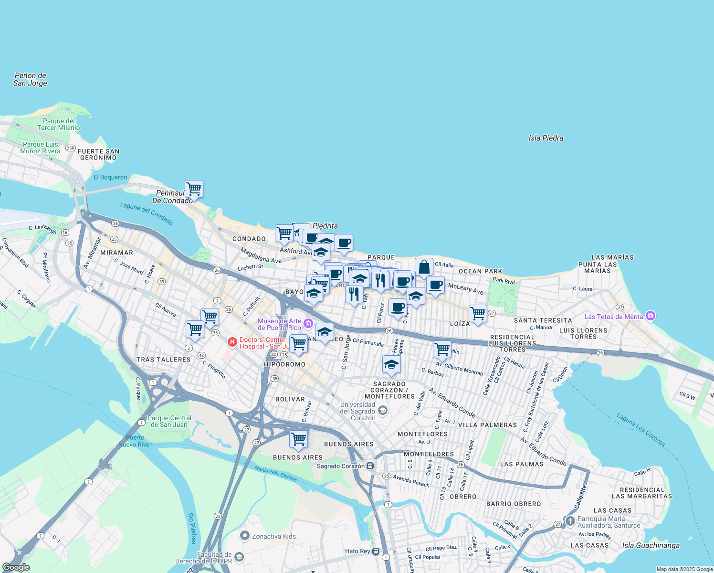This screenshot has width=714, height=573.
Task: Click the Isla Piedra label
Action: [x=546, y=138]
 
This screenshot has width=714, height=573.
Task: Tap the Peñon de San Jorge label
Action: [x=30, y=79]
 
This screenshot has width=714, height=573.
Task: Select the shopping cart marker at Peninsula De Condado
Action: [x=194, y=189]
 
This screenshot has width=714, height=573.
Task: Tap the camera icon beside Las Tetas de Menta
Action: [x=650, y=316]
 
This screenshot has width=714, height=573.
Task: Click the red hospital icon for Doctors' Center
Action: [x=232, y=342]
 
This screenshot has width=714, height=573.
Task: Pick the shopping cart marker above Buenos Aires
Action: [x=298, y=438]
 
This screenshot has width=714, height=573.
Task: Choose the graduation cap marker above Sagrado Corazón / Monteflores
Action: [x=391, y=365]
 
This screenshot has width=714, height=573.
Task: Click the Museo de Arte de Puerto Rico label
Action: [x=280, y=324]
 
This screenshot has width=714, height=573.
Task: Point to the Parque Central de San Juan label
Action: [x=169, y=421]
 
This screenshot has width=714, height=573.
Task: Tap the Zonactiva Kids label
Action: [x=273, y=536]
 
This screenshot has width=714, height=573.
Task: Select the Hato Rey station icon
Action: [x=376, y=551]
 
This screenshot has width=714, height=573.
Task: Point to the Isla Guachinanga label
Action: [x=651, y=545]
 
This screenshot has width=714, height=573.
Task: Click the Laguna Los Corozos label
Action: [x=640, y=430]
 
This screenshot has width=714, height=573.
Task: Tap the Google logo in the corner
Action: [x=16, y=567]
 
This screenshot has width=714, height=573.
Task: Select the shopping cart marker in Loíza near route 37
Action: [x=478, y=314]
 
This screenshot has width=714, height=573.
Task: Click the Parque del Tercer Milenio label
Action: [x=59, y=124]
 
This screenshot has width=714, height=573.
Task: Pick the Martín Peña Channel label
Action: [x=276, y=474]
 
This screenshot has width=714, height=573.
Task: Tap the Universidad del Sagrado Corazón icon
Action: [x=382, y=411]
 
